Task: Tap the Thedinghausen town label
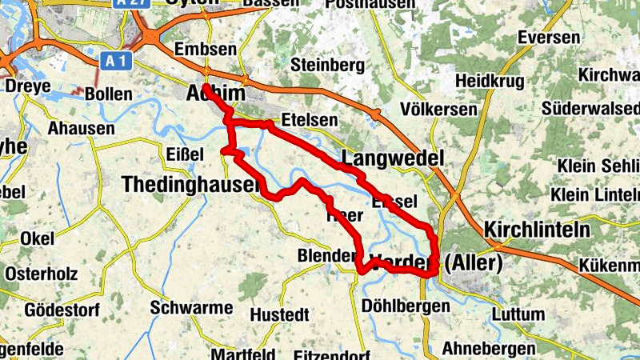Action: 190,185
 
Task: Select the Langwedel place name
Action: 392,159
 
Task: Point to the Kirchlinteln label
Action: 537,229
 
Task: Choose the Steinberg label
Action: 323,64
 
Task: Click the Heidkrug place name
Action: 489,81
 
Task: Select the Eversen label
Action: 548,38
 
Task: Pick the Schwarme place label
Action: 191,308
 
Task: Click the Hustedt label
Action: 278,314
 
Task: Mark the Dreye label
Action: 28,86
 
